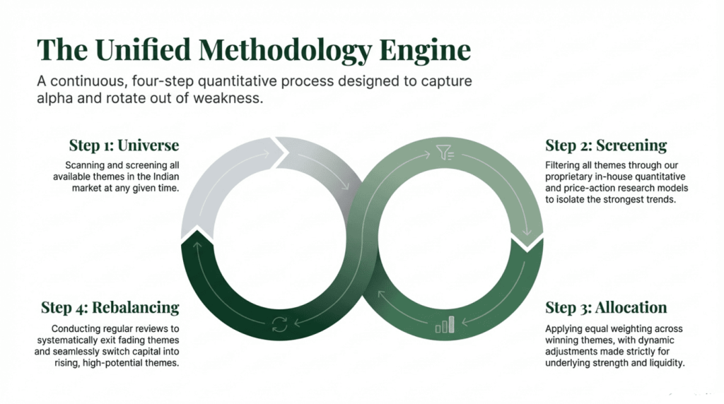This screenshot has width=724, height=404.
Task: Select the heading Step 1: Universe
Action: pyautogui.click(x=124, y=145)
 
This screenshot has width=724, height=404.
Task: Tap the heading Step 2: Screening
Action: pyautogui.click(x=606, y=145)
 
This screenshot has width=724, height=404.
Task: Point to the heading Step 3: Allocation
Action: pyautogui.click(x=606, y=308)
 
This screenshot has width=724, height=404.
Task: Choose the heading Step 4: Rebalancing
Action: pyautogui.click(x=110, y=308)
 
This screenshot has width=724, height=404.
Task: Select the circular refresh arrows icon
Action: pyautogui.click(x=279, y=326)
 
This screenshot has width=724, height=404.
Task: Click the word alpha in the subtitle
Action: pyautogui.click(x=56, y=99)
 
